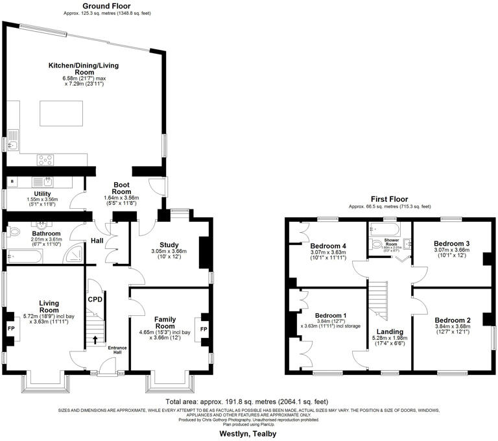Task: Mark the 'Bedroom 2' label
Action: [453, 321]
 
